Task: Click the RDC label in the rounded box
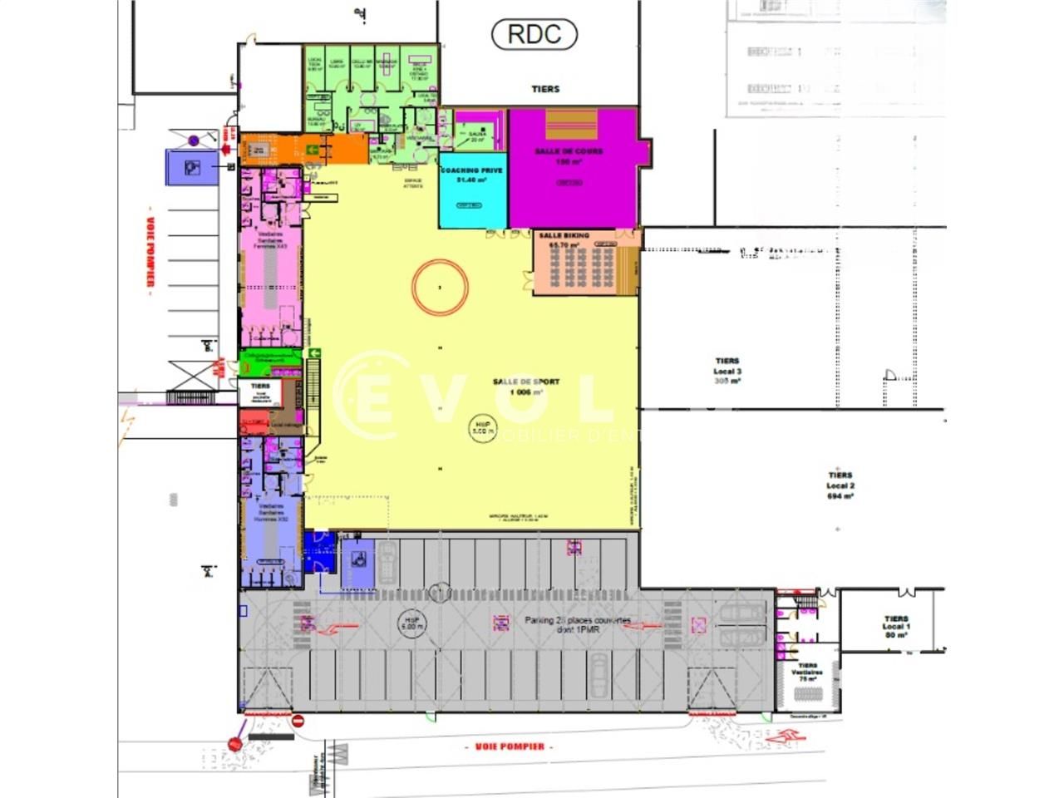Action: point(534,34)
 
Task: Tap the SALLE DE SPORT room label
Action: point(526,382)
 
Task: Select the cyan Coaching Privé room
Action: point(471,195)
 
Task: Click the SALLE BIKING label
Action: point(564,236)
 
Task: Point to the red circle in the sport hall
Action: point(440,287)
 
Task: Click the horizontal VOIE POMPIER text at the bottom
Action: point(510,746)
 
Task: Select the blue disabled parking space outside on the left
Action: point(190,167)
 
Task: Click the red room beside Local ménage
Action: point(251,421)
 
